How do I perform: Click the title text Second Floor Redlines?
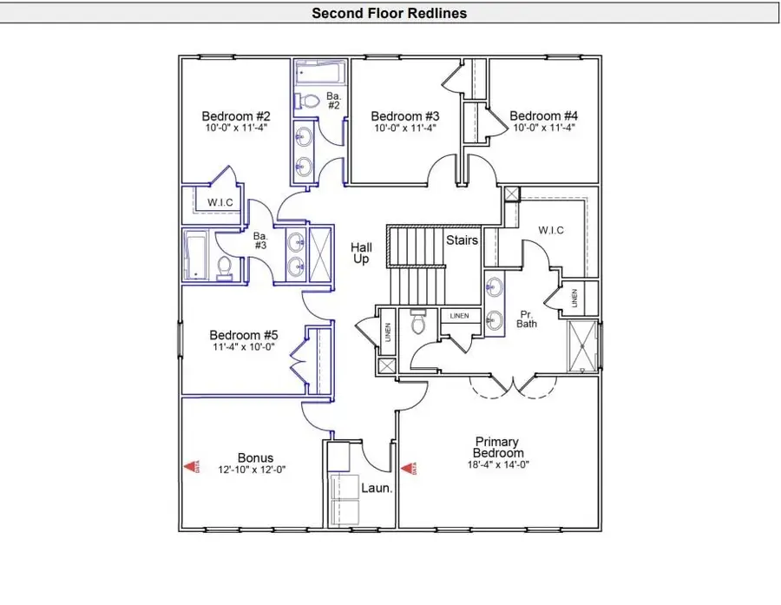coord(390,13)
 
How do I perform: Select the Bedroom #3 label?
coord(405,116)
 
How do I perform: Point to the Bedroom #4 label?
coord(543,116)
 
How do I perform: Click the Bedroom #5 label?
coord(244,335)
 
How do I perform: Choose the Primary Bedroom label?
coord(498,447)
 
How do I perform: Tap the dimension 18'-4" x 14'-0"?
coord(498,464)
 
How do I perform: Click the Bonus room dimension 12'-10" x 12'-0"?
coord(255,470)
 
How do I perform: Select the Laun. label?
coord(377,489)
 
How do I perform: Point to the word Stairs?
coord(462,240)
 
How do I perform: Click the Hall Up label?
coord(361,253)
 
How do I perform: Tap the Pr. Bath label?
coord(527,319)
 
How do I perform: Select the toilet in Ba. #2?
coord(305,101)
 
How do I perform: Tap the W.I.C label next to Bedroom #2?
coord(220,203)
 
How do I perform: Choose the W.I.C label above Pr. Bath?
coord(551,230)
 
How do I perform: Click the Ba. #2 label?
coord(333,100)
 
